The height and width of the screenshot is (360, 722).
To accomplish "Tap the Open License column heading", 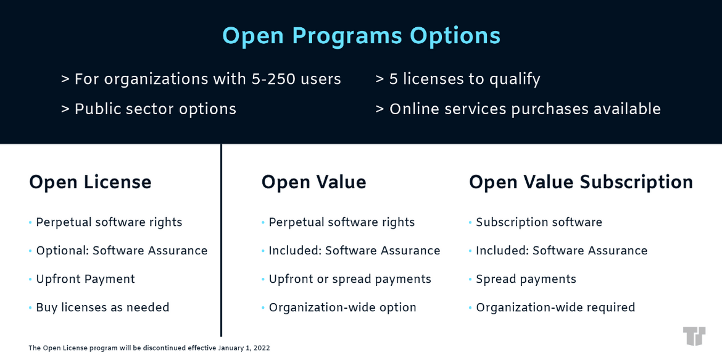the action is tap(90, 182).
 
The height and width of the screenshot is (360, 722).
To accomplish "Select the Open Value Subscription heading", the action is tap(581, 182).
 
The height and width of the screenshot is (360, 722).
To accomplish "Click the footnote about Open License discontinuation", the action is tap(149, 348).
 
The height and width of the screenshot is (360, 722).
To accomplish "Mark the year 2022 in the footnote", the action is tap(262, 348).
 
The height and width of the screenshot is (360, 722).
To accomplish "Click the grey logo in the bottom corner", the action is tap(694, 337).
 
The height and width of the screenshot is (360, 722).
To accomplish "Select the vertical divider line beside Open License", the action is tap(221, 240).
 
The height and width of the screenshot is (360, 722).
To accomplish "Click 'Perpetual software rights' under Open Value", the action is tap(342, 222).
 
